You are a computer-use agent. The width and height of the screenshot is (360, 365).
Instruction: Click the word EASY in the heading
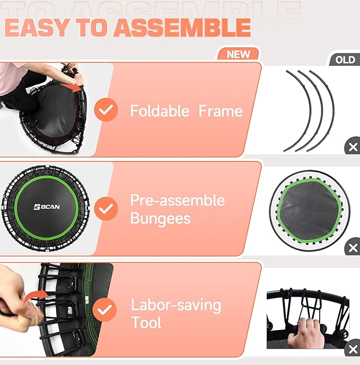(x=31, y=28)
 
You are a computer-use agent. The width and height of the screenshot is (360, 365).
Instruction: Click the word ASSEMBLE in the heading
(x=182, y=28)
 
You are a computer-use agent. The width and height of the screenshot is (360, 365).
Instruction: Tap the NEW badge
(x=238, y=54)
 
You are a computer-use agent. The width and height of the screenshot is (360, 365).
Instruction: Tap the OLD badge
(x=345, y=60)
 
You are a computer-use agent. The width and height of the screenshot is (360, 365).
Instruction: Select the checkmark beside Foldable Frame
(x=106, y=110)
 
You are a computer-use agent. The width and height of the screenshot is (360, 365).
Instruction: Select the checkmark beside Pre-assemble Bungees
(x=106, y=208)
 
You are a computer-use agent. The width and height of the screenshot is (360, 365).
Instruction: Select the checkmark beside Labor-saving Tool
(x=106, y=310)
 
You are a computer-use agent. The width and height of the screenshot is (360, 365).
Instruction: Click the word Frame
(x=221, y=111)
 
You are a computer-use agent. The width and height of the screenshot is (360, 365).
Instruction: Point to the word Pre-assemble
(x=177, y=200)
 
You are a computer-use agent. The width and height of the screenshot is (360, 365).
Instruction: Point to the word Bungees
(x=160, y=218)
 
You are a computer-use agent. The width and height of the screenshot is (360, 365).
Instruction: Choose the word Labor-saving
(x=175, y=305)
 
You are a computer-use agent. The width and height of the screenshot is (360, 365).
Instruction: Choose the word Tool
(x=146, y=323)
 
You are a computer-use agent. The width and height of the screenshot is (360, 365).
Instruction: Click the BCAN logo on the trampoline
(x=47, y=207)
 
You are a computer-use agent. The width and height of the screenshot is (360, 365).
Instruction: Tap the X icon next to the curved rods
(x=352, y=147)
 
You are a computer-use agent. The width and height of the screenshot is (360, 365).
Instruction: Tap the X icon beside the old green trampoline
(x=352, y=247)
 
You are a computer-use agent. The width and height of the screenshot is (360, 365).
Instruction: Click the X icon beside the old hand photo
(x=352, y=349)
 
